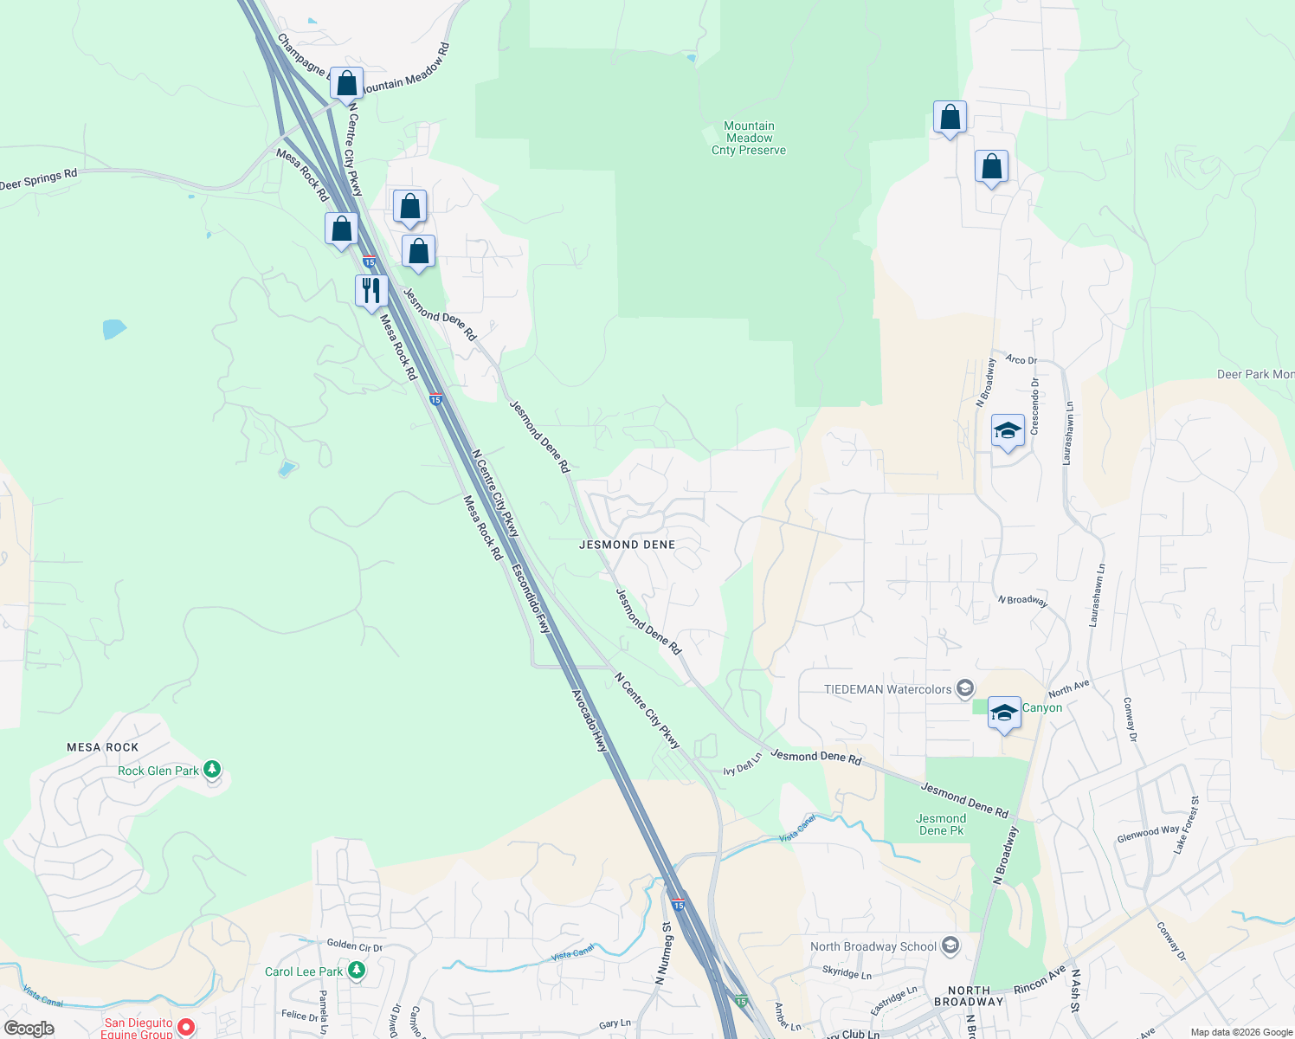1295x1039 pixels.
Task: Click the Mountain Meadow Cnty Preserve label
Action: [x=749, y=139]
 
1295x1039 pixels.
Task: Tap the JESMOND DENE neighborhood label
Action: [x=627, y=545]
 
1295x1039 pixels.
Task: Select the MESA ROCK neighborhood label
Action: [x=102, y=747]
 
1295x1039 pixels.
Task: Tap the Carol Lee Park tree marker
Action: [x=357, y=971]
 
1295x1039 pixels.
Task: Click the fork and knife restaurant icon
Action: [x=371, y=290]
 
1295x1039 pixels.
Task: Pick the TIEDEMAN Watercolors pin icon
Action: [x=965, y=689]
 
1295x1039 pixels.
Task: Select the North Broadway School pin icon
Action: [x=950, y=945]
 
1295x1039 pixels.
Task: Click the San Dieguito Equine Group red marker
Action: [x=185, y=1028]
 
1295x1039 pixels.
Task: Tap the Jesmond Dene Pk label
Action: [x=940, y=824]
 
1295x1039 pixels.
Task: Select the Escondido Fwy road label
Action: [x=531, y=598]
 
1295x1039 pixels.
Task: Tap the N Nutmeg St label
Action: [x=663, y=953]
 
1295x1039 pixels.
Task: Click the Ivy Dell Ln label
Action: [x=743, y=764]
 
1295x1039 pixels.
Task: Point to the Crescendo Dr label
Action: [x=1034, y=406]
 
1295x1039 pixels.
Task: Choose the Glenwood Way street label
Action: [x=1148, y=833]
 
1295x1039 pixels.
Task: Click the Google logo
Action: [x=29, y=1029]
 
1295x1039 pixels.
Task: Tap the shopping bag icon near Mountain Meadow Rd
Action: [x=346, y=84]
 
